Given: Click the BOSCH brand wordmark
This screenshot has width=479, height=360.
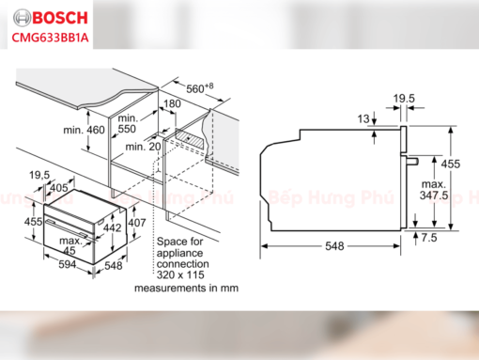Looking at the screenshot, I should pyautogui.click(x=54, y=17).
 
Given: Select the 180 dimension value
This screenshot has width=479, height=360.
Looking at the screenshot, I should pyautogui.click(x=171, y=103).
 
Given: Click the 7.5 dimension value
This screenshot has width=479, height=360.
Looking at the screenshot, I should pyautogui.click(x=429, y=240).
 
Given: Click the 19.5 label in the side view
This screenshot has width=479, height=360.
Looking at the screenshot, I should pyautogui.click(x=404, y=98).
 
